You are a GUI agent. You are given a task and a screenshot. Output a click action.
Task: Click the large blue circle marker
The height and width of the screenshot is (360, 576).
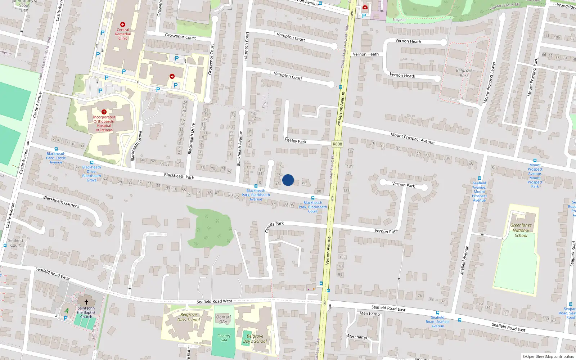click(x=288, y=180)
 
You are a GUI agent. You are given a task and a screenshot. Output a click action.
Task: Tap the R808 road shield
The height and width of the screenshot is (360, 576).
click(x=337, y=144)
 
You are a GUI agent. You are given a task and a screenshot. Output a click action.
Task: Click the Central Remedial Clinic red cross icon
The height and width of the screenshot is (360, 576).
click(x=123, y=24)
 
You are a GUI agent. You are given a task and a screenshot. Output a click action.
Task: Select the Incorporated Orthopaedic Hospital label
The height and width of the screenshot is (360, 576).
click(x=104, y=123)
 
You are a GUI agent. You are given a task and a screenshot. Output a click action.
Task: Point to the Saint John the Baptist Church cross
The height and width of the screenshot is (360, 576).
click(x=86, y=302)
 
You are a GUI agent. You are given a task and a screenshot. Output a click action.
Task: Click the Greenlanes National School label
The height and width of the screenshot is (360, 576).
click(x=521, y=230)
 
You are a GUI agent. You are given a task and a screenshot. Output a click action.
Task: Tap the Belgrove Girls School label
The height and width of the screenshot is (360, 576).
click(x=189, y=317)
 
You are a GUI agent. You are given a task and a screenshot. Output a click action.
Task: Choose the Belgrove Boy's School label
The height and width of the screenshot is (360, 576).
click(x=255, y=339)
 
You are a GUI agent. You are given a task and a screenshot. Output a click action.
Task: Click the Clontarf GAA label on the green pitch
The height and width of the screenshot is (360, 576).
click(x=224, y=338)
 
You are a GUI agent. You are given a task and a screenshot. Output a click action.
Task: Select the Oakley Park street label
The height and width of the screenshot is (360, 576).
click(x=296, y=140)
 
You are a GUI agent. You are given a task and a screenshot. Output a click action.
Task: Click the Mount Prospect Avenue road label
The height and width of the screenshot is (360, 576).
click(x=413, y=138)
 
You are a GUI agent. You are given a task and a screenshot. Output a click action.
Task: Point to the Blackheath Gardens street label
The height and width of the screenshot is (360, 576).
click(x=62, y=202)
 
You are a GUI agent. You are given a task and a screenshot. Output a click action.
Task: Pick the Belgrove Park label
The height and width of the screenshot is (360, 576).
click(x=464, y=73)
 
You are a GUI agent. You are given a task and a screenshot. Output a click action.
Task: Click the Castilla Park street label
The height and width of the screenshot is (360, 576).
click(x=274, y=226)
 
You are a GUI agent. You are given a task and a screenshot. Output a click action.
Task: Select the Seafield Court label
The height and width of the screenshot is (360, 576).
click(x=15, y=243)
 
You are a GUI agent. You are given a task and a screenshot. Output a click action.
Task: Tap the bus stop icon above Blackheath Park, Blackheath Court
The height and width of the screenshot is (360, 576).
click(x=312, y=198)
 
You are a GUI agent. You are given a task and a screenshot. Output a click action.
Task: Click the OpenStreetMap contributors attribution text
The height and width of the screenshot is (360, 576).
click(x=548, y=356)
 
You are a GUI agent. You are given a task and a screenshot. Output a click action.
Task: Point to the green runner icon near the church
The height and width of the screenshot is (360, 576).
click(x=67, y=310)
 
